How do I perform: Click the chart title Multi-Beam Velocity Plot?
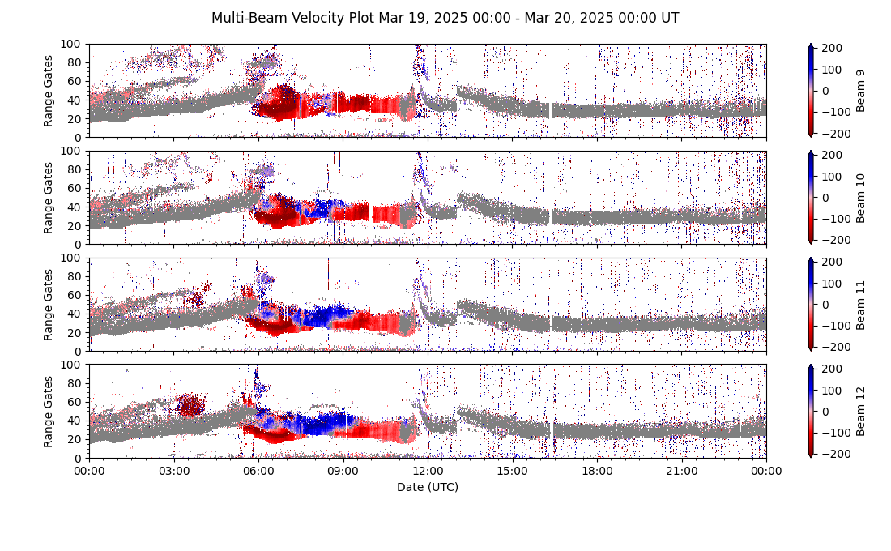445,18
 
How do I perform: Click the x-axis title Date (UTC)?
427,487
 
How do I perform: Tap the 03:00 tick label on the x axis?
173,471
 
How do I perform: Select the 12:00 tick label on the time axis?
428,471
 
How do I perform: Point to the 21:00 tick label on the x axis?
681,471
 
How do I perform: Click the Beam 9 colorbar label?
860,91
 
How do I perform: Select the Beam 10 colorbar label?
860,198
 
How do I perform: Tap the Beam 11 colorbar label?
860,305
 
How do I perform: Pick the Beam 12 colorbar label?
860,411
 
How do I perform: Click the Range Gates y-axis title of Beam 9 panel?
49,91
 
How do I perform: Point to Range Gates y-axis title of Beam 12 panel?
49,411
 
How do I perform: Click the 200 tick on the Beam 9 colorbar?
829,49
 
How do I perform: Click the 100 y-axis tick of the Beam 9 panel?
75,44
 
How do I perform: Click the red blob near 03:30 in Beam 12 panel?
190,404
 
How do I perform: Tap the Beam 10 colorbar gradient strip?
811,198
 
